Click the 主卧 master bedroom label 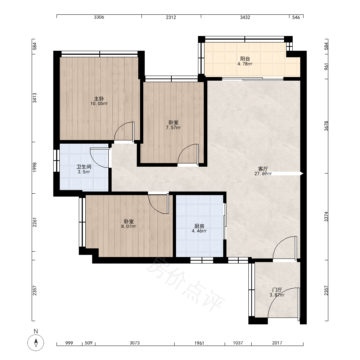(99, 99)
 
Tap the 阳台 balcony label (245, 59)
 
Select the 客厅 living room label (263, 169)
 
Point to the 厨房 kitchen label (199, 226)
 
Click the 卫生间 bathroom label (84, 167)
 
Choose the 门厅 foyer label (277, 290)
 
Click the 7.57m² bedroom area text (174, 128)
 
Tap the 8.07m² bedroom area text (129, 226)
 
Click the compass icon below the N (36, 343)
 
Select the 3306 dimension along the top (99, 17)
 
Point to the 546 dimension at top (296, 17)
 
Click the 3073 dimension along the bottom (135, 343)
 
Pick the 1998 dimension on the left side (35, 167)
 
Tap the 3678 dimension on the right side (326, 126)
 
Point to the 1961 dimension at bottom (199, 343)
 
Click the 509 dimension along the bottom (89, 343)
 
